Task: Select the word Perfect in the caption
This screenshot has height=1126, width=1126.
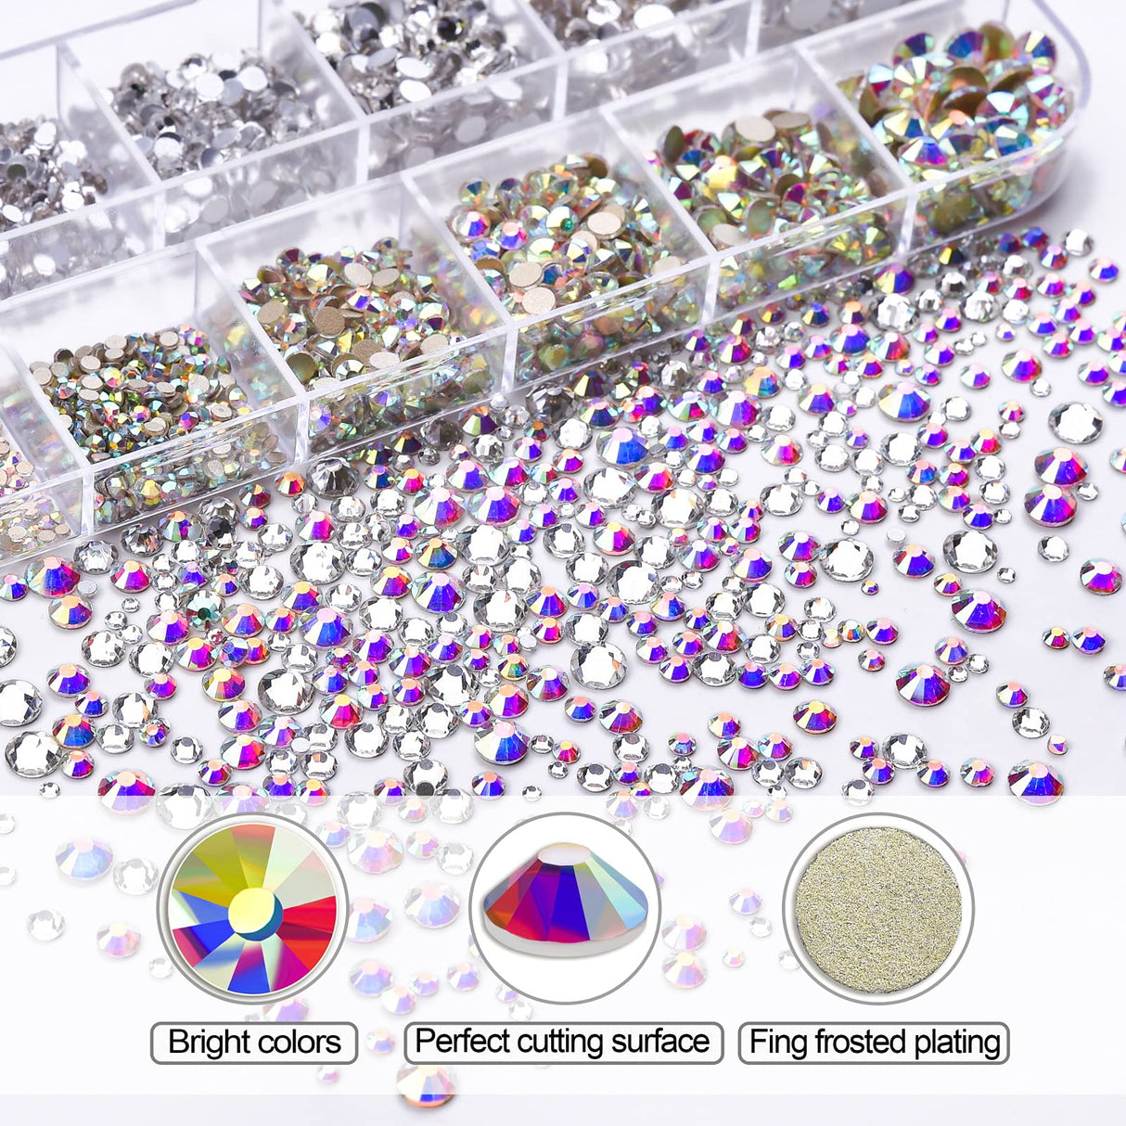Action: point(462,1041)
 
